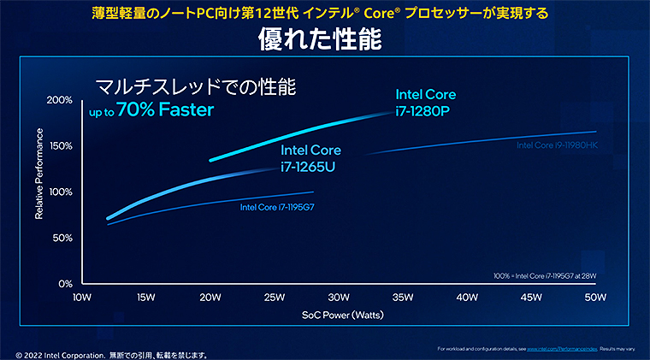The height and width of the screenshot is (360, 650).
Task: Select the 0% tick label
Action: click(64, 283)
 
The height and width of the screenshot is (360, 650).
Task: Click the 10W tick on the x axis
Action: click(82, 298)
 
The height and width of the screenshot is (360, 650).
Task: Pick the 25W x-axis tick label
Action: click(275, 298)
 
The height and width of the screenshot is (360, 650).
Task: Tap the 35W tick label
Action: click(403, 298)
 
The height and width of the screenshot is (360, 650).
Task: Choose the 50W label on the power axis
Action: click(595, 298)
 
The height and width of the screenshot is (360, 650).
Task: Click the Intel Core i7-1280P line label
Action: click(425, 102)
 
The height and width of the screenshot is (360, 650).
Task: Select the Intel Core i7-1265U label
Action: click(310, 157)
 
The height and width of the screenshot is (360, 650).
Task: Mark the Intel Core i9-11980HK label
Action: click(557, 145)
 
